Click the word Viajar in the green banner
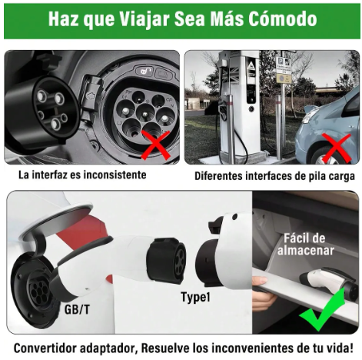(142, 19)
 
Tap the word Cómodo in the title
(277, 19)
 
